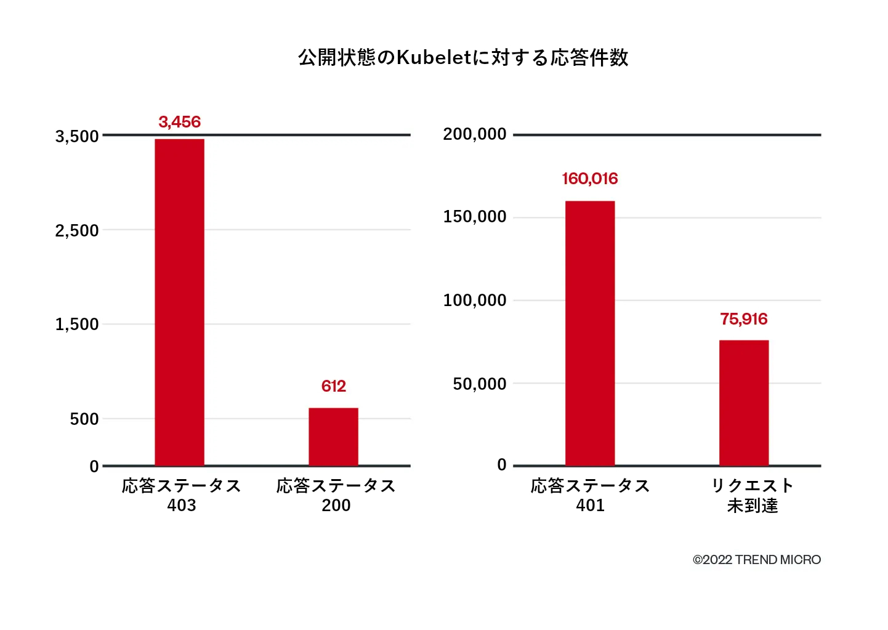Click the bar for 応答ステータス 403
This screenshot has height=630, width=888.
click(179, 302)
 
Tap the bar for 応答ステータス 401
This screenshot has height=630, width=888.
click(590, 333)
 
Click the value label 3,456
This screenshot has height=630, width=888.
click(179, 122)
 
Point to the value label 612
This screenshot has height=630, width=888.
click(333, 386)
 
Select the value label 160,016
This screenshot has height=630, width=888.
click(590, 179)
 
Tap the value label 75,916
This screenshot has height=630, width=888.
click(744, 319)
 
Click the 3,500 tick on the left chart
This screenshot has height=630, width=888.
click(77, 136)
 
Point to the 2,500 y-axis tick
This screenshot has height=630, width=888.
click(77, 230)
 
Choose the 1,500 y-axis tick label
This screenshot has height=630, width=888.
click(77, 325)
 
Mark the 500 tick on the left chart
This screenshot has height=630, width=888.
click(84, 419)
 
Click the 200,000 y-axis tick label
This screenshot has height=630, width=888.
click(475, 134)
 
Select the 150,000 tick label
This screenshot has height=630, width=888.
click(475, 217)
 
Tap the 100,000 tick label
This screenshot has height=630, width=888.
click(475, 301)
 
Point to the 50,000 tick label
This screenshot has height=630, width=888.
click(480, 384)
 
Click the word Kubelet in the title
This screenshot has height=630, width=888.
click(434, 57)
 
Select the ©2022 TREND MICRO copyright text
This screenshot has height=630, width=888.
click(757, 560)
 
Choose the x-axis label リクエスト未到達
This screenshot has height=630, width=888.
click(753, 495)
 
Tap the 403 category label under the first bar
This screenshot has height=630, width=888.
click(182, 506)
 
